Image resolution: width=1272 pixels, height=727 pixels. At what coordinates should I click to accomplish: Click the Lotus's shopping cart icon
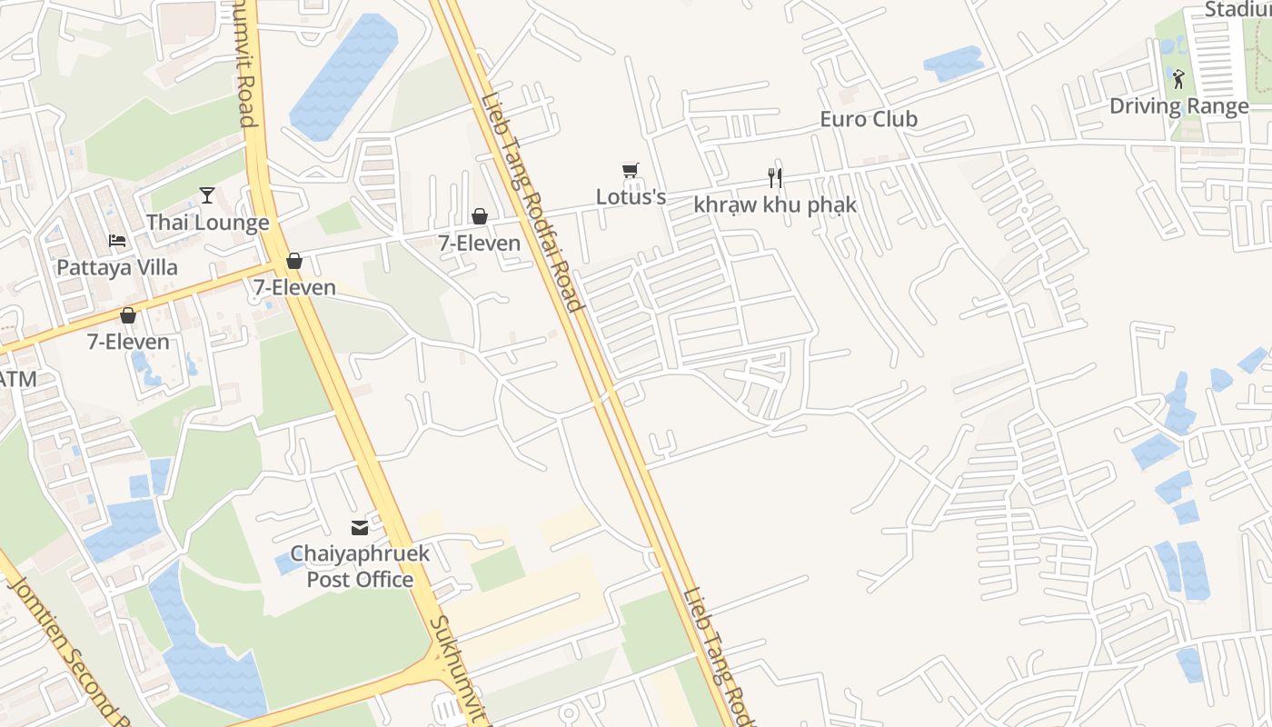(631, 171)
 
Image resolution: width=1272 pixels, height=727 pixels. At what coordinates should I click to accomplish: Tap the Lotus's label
(631, 196)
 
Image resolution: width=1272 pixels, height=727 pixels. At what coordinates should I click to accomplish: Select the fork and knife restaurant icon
(774, 177)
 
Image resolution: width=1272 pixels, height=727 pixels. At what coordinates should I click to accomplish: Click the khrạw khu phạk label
(774, 204)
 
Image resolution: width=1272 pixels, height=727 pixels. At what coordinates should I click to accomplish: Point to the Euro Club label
(869, 119)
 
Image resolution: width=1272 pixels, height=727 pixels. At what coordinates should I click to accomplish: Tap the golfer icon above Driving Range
(1178, 80)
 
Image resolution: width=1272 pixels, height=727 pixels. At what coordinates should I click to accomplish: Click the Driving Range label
(1178, 106)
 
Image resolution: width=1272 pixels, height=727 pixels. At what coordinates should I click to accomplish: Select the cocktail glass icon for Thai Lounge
(207, 194)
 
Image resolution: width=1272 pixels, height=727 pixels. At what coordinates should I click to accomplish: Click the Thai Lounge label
(207, 223)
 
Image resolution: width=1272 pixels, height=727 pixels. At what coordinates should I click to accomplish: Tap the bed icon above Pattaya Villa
(117, 241)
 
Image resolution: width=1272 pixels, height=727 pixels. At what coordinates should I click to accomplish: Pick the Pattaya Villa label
(117, 268)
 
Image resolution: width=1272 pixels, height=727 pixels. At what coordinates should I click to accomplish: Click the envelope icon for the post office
(360, 527)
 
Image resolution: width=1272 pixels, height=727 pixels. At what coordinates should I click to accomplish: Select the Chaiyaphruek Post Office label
(360, 566)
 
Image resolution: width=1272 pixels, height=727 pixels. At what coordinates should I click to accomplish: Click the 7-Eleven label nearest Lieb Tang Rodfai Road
(479, 244)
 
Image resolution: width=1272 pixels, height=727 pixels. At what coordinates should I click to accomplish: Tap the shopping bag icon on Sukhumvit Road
(293, 262)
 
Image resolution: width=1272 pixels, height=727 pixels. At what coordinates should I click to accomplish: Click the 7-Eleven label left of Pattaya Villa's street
(128, 343)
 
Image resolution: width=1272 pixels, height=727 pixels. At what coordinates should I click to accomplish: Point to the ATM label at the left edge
(17, 379)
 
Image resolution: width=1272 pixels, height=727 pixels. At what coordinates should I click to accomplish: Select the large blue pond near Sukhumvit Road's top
(344, 76)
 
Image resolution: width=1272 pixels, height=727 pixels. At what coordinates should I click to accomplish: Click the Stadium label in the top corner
(1237, 10)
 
